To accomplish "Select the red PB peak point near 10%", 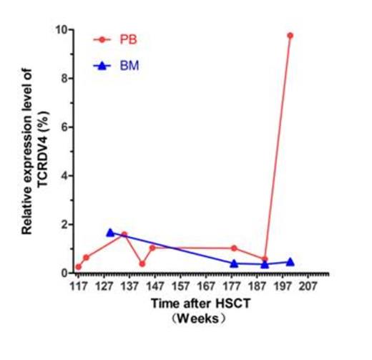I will click(x=290, y=35).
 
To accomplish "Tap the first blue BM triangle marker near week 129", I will click(x=110, y=233).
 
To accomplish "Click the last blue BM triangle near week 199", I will click(x=290, y=262).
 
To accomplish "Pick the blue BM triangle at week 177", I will click(x=235, y=263).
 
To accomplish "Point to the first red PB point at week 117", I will click(x=79, y=267).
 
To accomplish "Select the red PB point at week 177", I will click(x=235, y=248).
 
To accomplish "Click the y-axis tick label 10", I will click(x=62, y=30).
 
